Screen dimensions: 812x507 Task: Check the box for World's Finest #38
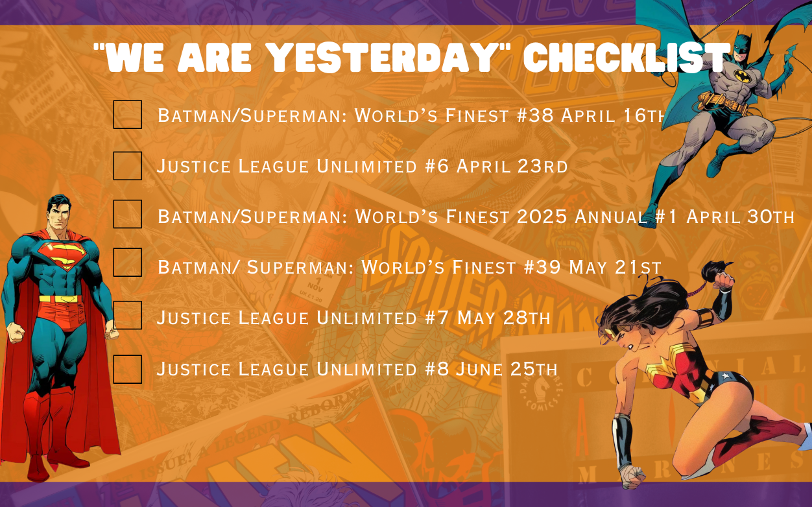point(127,115)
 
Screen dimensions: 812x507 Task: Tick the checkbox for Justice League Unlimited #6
point(127,165)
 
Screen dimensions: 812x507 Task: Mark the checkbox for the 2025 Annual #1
point(127,214)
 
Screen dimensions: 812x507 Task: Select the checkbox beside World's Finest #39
point(127,262)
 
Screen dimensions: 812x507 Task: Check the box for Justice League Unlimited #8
point(127,369)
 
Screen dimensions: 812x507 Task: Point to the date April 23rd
point(512,167)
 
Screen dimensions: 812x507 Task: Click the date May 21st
point(615,268)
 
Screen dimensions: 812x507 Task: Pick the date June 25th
point(506,369)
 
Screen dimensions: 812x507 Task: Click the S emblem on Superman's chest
point(62,255)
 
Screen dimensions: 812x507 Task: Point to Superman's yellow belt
point(60,299)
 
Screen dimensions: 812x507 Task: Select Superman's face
point(59,218)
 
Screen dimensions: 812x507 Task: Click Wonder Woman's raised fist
point(723,280)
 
